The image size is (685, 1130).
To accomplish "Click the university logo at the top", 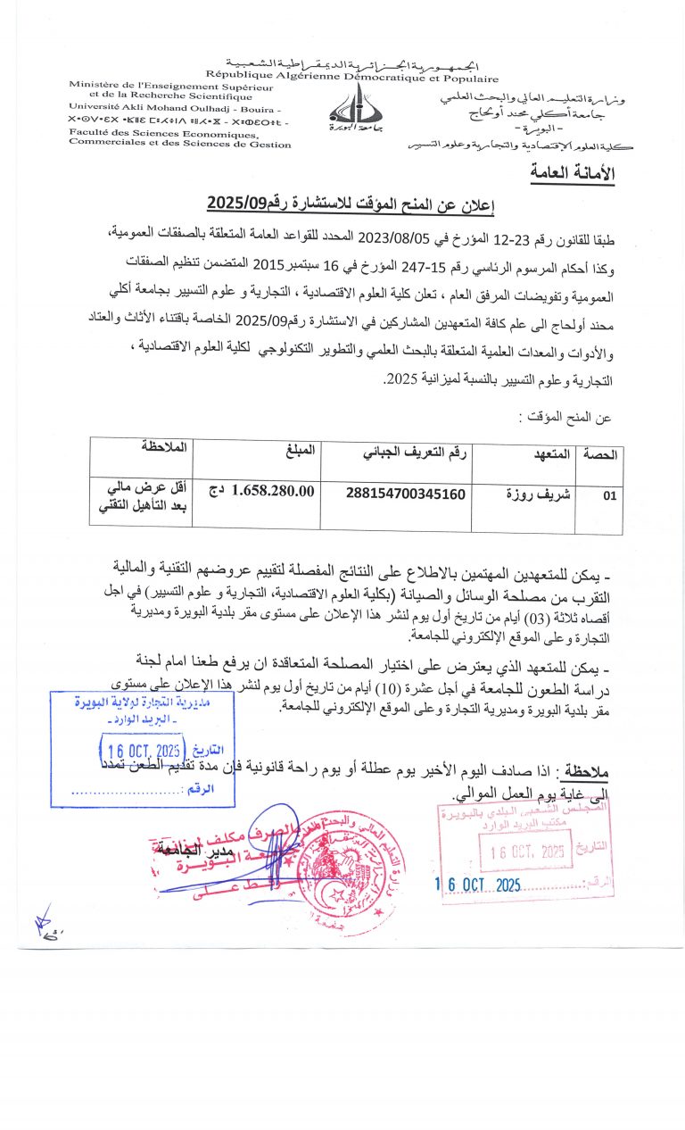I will pos(355,105).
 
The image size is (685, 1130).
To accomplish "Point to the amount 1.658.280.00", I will pos(273,490).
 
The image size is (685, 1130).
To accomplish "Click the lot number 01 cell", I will pos(609,497).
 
